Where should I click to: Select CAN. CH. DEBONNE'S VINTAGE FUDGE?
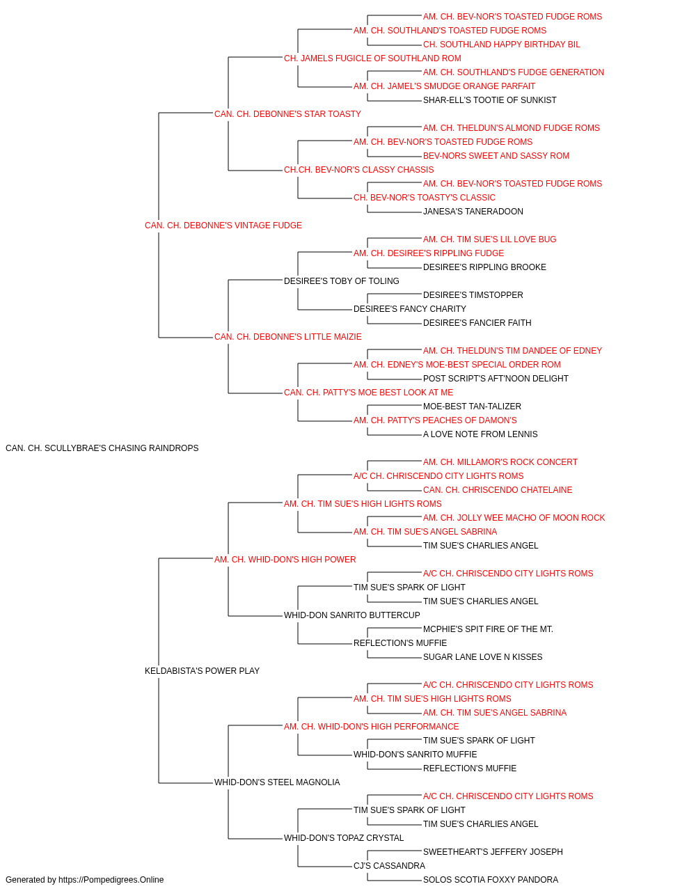(223, 226)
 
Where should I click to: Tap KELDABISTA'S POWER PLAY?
(202, 671)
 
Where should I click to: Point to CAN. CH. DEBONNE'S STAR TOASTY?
(287, 114)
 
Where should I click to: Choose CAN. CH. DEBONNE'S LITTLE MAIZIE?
(287, 337)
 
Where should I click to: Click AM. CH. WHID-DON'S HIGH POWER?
(285, 559)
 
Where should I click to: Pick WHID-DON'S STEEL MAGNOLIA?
(277, 782)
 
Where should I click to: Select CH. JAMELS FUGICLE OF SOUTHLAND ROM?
(372, 58)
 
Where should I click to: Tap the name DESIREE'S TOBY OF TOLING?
(342, 281)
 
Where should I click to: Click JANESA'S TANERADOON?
(473, 212)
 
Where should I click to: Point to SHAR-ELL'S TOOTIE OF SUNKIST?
(490, 100)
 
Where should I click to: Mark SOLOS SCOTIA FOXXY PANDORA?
(491, 880)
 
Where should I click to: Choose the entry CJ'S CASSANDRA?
(389, 865)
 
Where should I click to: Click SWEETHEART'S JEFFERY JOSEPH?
(493, 851)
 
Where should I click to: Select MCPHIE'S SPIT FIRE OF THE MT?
(488, 629)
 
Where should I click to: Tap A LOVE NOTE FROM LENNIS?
(480, 434)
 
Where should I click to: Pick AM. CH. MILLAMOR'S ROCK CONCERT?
(500, 462)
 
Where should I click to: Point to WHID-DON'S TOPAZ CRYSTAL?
(344, 837)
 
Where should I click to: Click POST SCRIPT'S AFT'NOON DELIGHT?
(496, 379)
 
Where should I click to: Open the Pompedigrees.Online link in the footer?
(111, 880)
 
